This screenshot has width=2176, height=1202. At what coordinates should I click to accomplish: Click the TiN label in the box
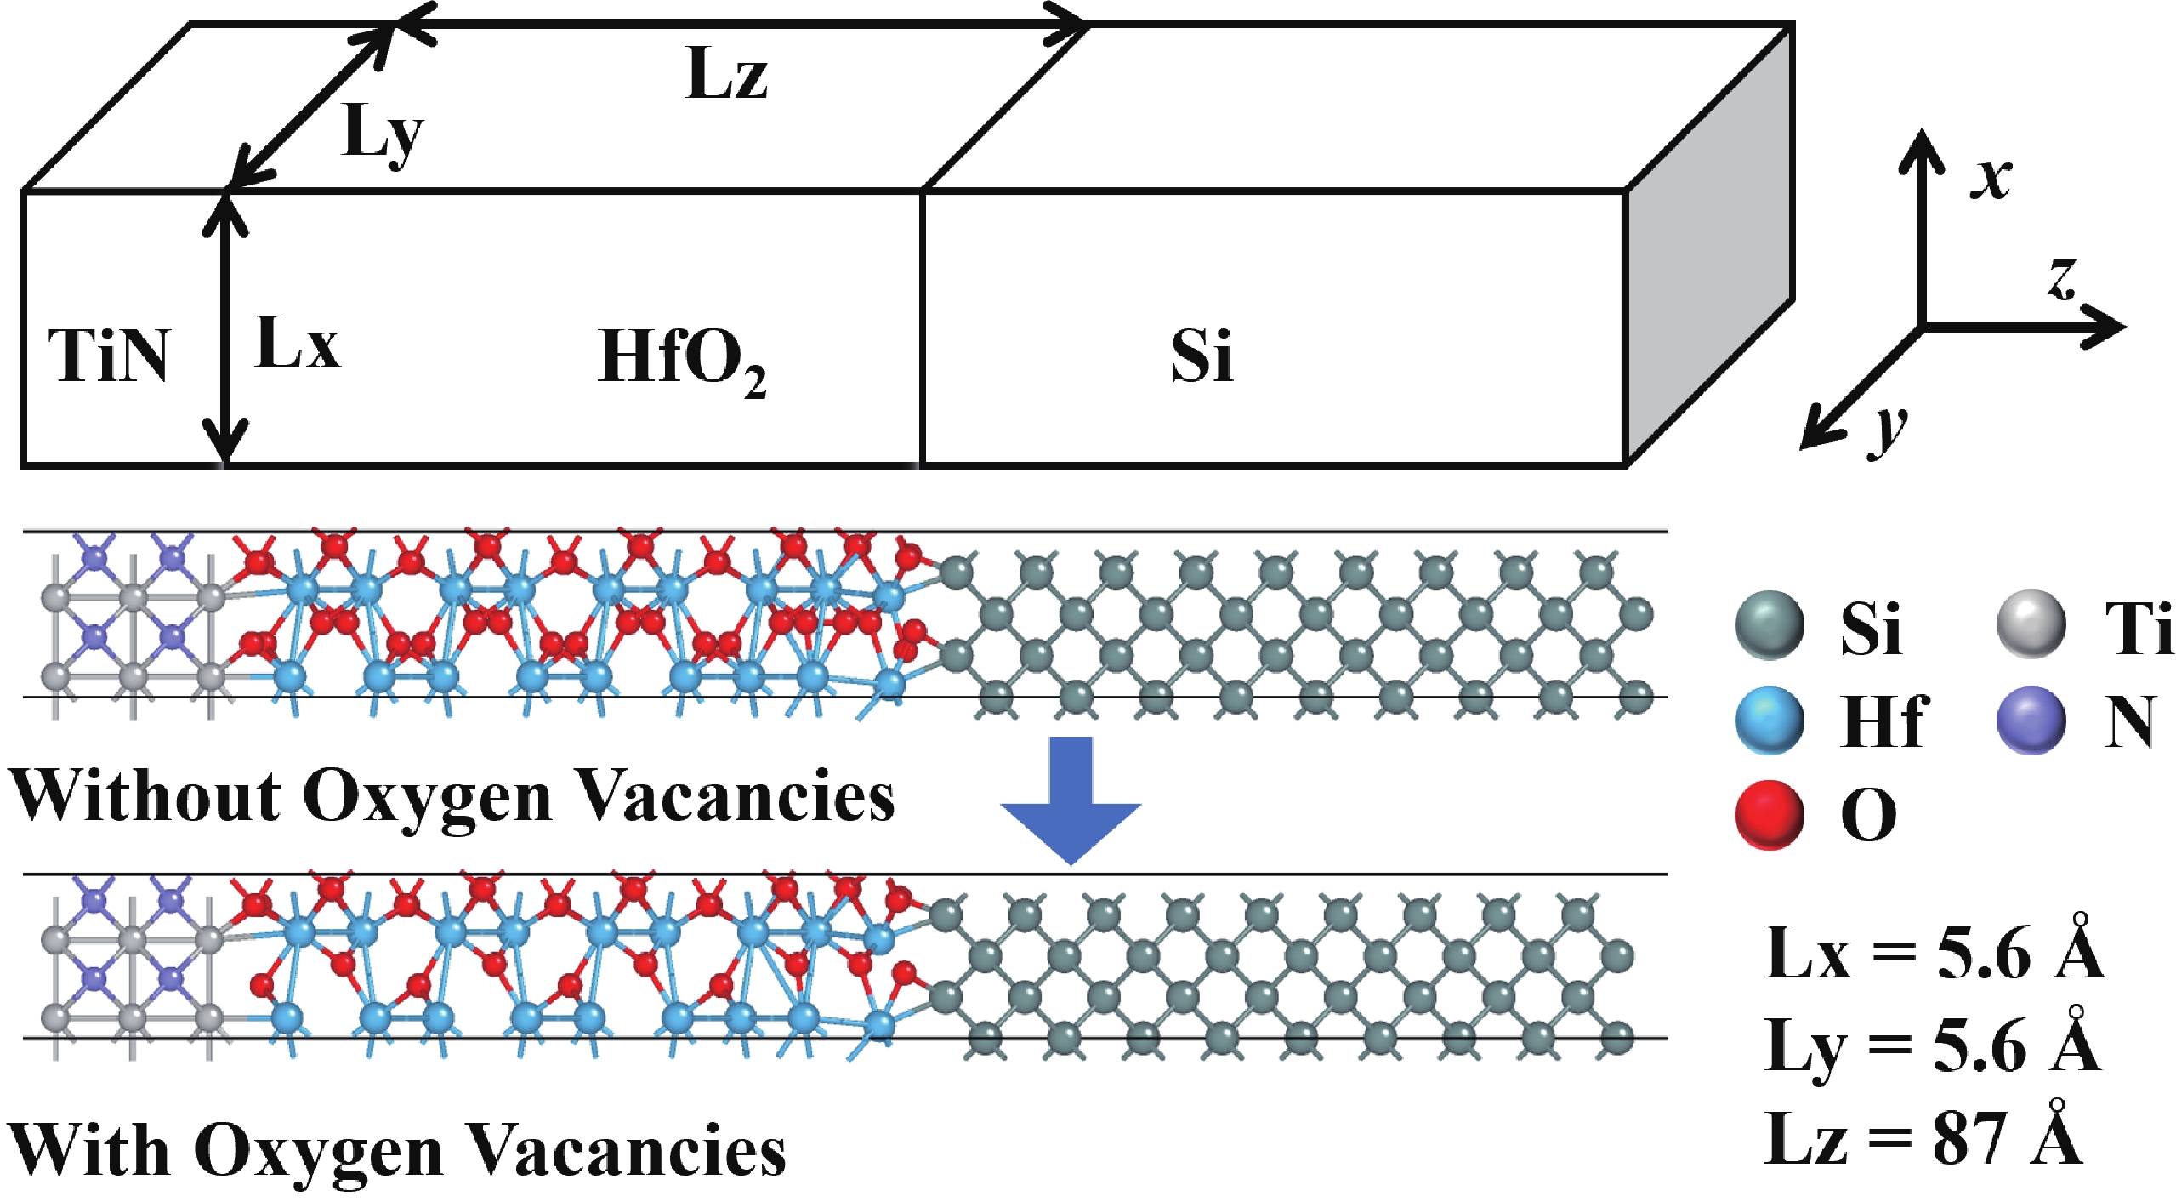point(109,356)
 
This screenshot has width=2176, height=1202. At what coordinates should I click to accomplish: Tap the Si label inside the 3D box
point(1201,356)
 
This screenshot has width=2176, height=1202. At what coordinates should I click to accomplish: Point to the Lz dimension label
point(725,75)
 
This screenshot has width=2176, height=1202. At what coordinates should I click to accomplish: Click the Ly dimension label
point(382,136)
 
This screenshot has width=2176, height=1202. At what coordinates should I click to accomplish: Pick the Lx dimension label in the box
point(297,343)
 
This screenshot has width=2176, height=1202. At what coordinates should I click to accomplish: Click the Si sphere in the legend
point(1770,625)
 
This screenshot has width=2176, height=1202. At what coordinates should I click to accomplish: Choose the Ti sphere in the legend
point(2031,625)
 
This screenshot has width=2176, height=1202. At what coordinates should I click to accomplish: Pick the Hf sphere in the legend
point(1770,721)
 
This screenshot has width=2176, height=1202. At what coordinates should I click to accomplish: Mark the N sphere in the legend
point(2031,721)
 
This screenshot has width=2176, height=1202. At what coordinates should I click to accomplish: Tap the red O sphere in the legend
point(1770,814)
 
